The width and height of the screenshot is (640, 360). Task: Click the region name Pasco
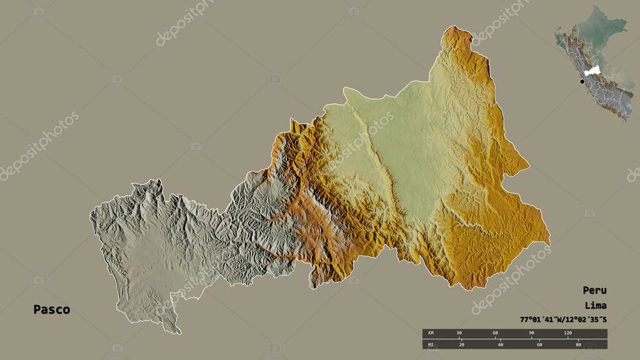(52, 309)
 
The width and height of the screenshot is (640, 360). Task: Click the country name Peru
(594, 290)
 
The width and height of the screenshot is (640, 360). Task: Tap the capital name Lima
(596, 306)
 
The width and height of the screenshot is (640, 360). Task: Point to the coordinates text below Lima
(562, 320)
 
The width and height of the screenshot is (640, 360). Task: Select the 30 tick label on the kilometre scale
(459, 332)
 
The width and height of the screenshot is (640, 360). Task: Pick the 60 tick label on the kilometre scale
(495, 332)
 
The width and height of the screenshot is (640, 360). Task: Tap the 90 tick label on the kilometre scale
(531, 332)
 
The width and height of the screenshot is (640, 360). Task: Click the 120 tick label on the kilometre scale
(567, 332)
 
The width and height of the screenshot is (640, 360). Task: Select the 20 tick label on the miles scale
(462, 344)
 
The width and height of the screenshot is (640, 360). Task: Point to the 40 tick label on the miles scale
(501, 344)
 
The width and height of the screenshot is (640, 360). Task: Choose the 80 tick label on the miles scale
(578, 344)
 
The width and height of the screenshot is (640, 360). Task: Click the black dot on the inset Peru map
(582, 81)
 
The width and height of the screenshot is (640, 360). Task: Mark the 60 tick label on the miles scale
(539, 344)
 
